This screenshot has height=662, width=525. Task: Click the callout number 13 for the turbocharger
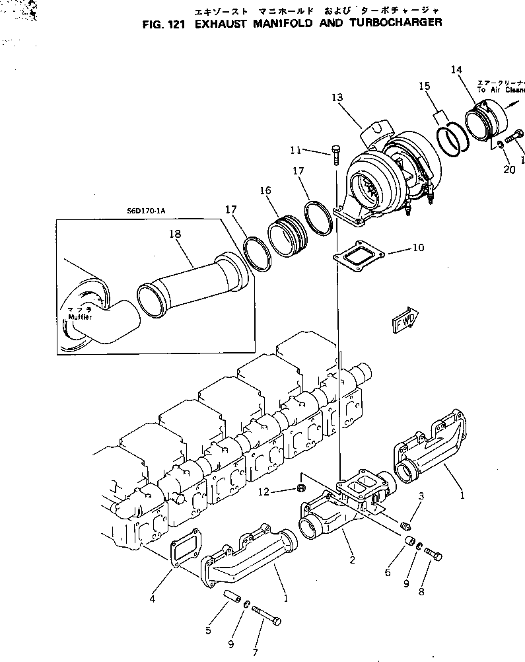[337, 98]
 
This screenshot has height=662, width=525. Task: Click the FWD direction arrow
[403, 322]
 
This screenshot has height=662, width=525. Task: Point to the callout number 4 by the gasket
[152, 599]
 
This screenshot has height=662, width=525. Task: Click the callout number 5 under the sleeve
[208, 631]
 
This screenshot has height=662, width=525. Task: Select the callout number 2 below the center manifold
[352, 561]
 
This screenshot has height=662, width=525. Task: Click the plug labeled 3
[407, 526]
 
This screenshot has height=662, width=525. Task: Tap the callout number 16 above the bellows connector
[265, 190]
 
